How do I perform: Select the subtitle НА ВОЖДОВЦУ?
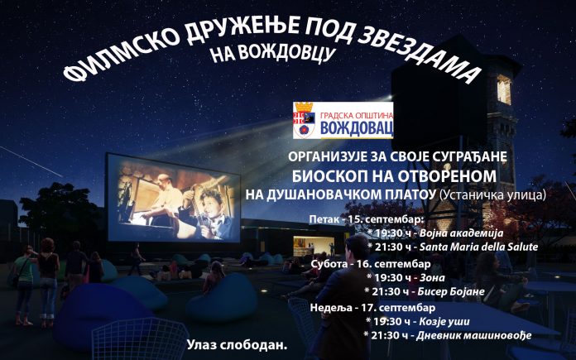pos(273,52)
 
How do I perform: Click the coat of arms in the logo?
pos(305,119)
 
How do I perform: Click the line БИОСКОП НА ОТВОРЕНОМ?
pos(394,176)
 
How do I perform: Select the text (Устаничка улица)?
pos(492,194)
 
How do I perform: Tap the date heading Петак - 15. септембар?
pos(367,219)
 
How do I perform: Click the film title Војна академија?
pos(462,233)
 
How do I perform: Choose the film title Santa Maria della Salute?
pos(478,247)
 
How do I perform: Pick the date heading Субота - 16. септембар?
pos(371,264)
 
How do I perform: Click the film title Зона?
pos(432,278)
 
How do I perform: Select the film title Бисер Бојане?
pos(451,292)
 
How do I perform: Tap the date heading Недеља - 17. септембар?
pos(372,307)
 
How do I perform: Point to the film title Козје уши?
pos(444,322)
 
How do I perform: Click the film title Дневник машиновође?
pos(474,335)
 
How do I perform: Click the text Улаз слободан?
pos(237,345)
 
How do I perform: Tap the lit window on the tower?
pos(504,89)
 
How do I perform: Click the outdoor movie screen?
pos(173,199)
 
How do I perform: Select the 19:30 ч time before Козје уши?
pos(391,322)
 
